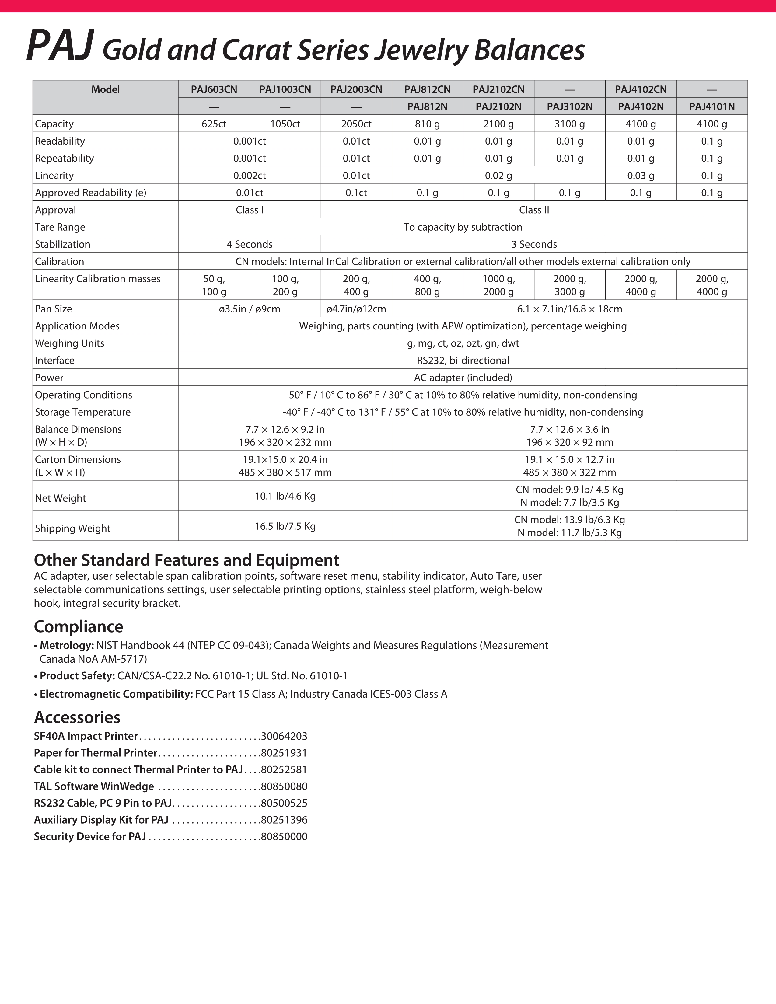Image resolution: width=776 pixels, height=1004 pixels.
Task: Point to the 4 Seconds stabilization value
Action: coord(249,244)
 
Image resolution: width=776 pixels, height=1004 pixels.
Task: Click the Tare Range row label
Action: coord(60,227)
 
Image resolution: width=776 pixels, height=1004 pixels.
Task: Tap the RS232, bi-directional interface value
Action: coord(463,361)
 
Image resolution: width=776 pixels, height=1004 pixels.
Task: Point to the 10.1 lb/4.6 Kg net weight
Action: coord(285,496)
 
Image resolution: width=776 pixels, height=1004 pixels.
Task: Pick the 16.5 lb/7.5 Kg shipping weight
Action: coord(285,526)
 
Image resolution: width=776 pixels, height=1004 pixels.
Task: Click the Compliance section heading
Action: coord(79,626)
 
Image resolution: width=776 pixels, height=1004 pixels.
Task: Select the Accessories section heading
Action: coord(77,717)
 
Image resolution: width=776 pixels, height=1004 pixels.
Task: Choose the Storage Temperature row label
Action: coord(83,412)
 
